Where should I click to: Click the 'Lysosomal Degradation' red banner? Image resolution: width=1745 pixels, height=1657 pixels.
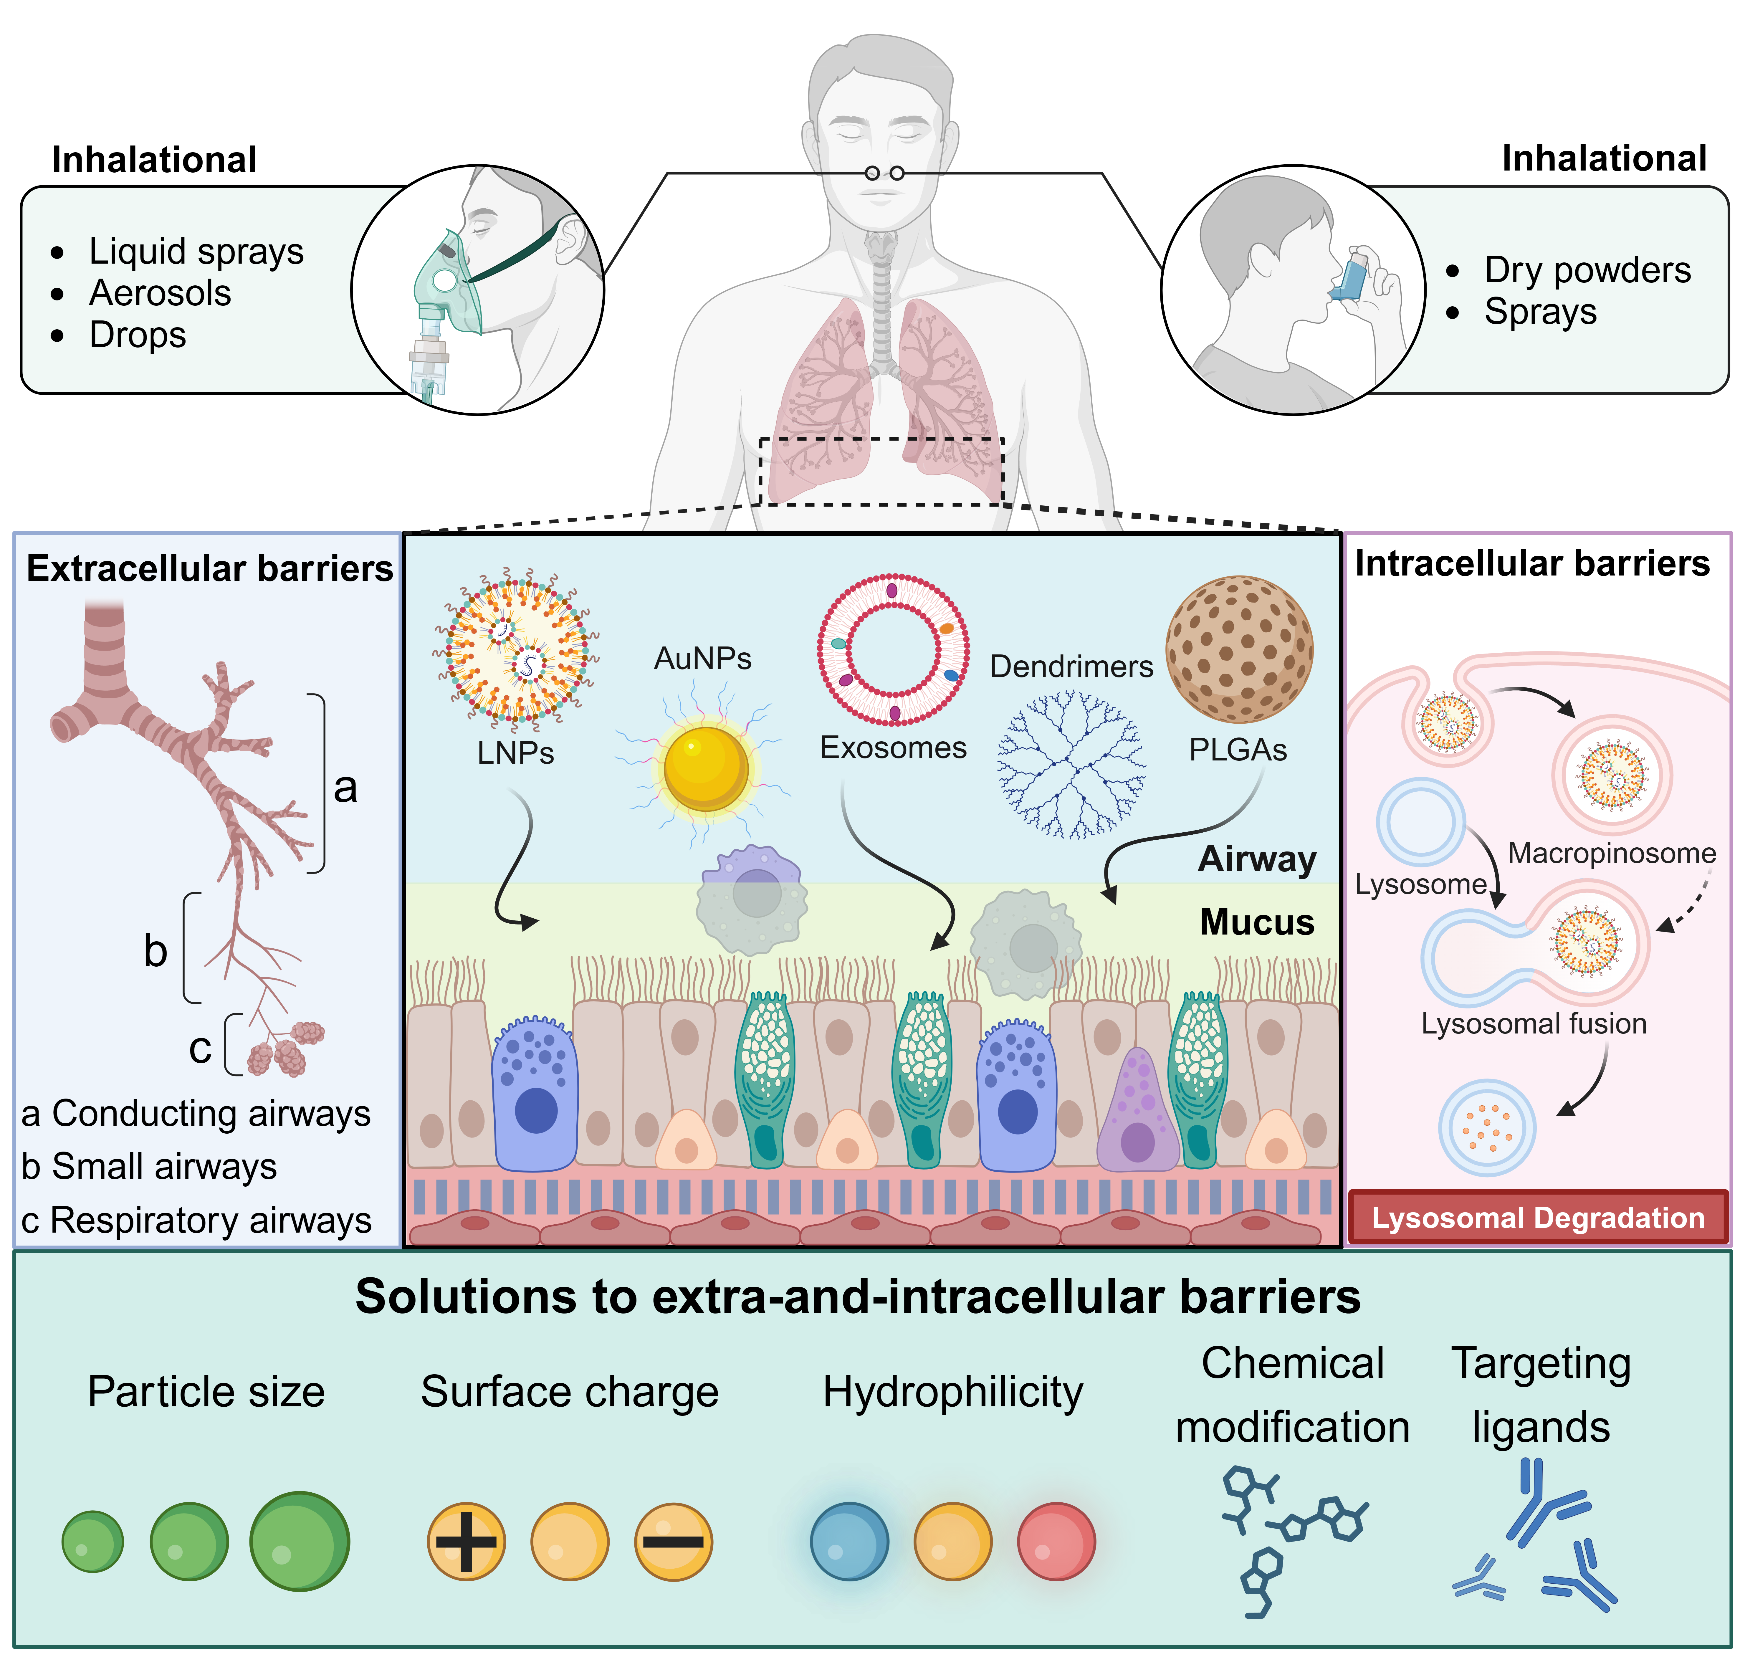pos(1537,1218)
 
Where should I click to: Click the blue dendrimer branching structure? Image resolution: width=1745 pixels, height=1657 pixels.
pos(1070,764)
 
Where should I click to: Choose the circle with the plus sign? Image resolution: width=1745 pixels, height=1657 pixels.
pos(466,1541)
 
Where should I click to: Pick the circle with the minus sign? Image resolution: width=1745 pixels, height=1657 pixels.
pos(673,1541)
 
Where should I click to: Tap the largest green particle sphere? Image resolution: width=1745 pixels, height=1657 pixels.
pos(299,1541)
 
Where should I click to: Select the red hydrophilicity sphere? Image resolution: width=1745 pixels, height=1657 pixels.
pos(1056,1541)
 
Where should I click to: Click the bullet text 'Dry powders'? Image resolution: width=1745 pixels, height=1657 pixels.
pos(1587,269)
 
